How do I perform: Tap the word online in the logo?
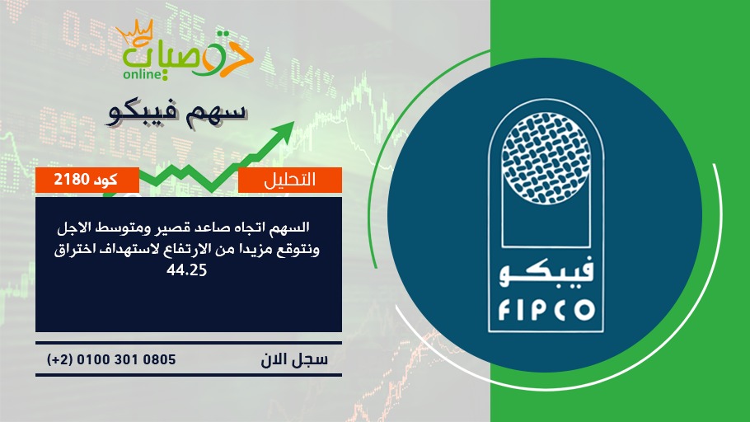click(x=142, y=74)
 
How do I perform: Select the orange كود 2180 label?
click(x=87, y=180)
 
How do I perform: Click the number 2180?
click(x=72, y=180)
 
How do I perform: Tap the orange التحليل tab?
click(x=290, y=180)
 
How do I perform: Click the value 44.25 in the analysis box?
click(x=186, y=270)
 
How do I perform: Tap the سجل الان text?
click(x=294, y=360)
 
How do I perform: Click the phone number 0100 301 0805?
click(x=126, y=359)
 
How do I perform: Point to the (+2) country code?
click(x=60, y=359)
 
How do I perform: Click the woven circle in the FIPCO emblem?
click(x=546, y=159)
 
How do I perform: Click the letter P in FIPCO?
click(x=538, y=310)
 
